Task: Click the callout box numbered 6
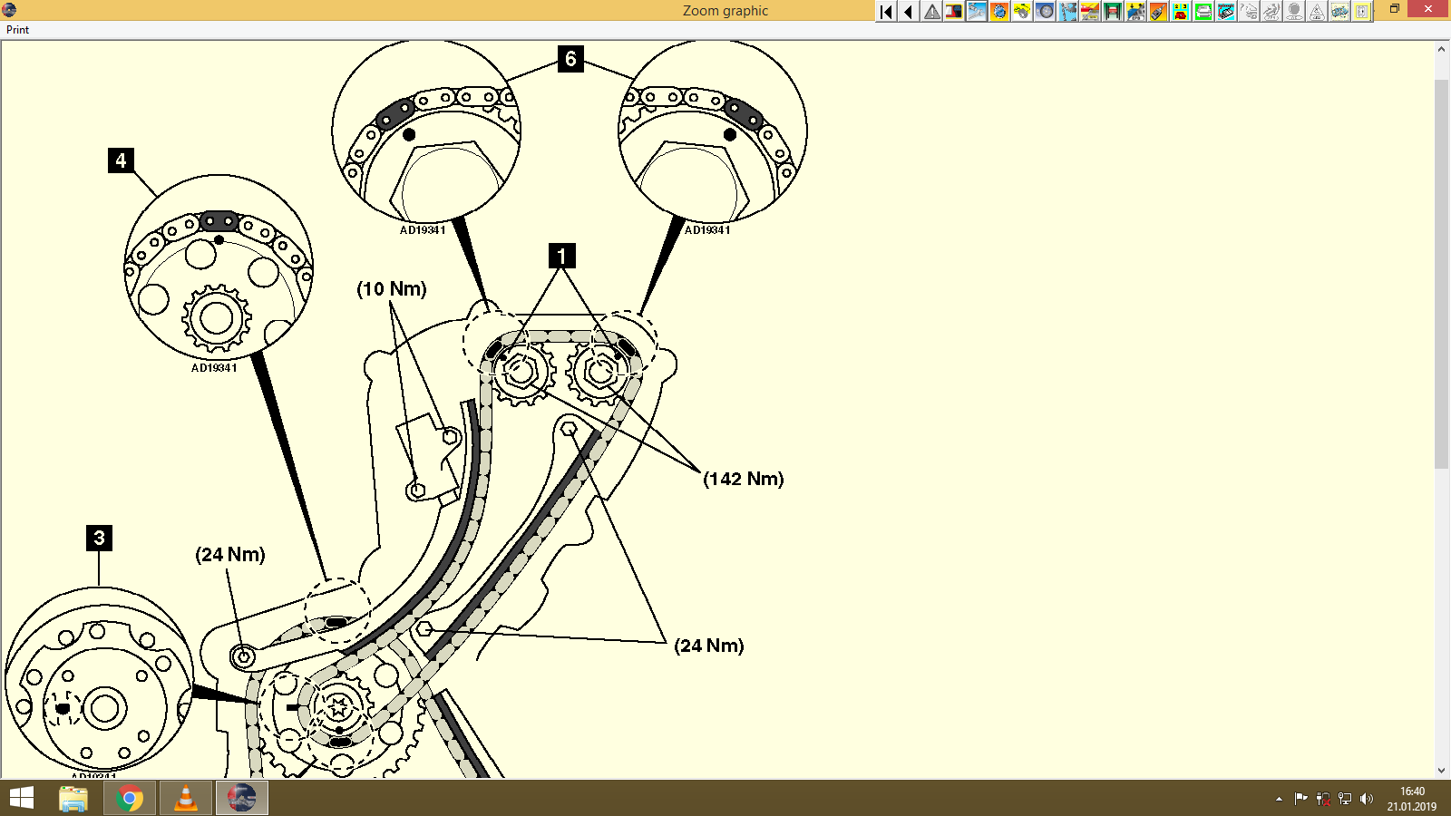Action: click(570, 59)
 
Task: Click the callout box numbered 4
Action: click(121, 160)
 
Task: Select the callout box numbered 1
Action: click(561, 256)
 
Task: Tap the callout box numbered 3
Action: click(99, 538)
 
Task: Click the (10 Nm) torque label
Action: click(391, 289)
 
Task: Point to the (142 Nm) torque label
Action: click(743, 479)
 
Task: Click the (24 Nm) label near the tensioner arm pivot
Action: click(230, 554)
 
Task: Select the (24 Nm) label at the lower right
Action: click(708, 646)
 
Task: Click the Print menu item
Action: click(17, 30)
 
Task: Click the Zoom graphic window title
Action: click(725, 11)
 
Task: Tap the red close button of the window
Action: click(1428, 9)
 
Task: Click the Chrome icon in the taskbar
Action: click(129, 799)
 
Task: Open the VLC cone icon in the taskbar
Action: click(185, 799)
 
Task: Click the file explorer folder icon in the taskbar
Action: click(73, 799)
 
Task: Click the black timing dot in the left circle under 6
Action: click(409, 134)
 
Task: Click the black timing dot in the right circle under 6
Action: click(730, 134)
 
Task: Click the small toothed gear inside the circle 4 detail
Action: click(216, 318)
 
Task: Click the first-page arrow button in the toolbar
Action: click(886, 11)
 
